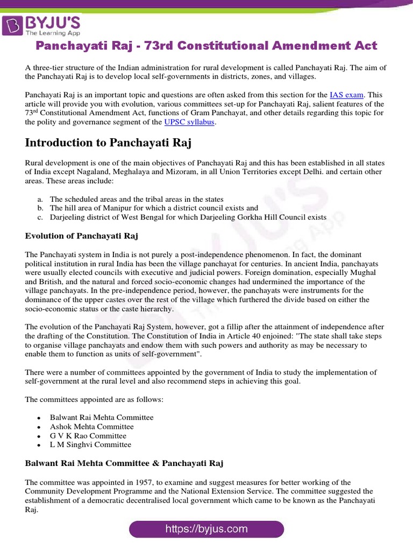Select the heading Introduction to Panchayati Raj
point(108,143)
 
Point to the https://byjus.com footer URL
point(206,529)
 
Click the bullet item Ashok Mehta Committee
point(92,427)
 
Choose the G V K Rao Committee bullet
point(88,436)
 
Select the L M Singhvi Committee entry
point(90,445)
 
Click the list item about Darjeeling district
point(188,217)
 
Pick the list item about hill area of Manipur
point(154,208)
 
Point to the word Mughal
point(364,273)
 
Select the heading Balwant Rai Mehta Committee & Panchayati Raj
point(124,463)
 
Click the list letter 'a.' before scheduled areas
point(40,199)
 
